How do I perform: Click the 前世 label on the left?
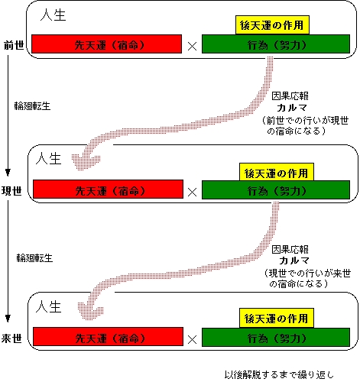tap(14, 45)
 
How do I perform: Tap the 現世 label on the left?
tap(11, 190)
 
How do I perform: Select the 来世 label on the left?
tap(11, 338)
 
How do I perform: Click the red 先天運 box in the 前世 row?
tap(107, 44)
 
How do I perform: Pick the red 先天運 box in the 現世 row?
tap(108, 189)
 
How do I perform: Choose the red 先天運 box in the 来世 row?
tap(108, 337)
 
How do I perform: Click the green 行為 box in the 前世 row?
tap(276, 44)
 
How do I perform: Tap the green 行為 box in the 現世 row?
tap(276, 190)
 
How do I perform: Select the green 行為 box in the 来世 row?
tap(276, 338)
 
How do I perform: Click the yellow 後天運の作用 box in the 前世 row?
tap(272, 25)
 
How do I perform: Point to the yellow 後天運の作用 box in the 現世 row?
tap(277, 172)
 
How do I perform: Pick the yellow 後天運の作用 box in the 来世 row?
tap(277, 319)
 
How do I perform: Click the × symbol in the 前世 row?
tap(192, 47)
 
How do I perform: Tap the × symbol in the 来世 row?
tap(192, 339)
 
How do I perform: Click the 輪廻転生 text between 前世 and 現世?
tap(32, 106)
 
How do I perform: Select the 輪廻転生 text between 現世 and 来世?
tap(34, 258)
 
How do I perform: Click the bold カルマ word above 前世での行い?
tap(292, 108)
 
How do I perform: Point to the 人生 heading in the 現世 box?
tap(49, 158)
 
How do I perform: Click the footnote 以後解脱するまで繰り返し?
tap(279, 374)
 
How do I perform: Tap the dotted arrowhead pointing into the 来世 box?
tap(90, 310)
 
